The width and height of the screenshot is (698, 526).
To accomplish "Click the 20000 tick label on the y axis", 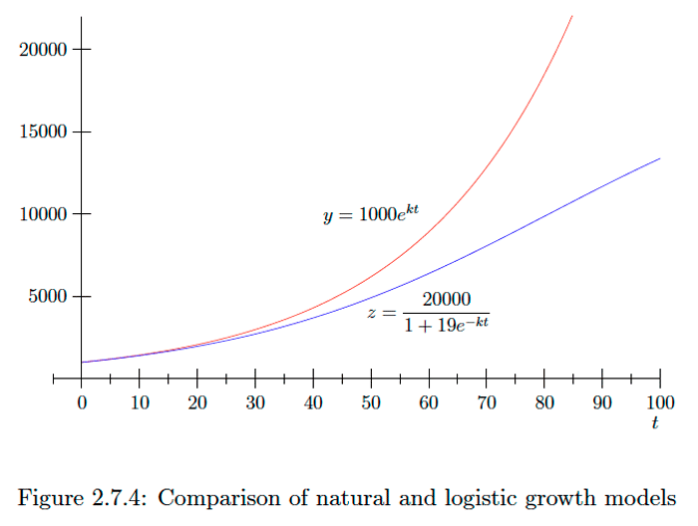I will pyautogui.click(x=42, y=50).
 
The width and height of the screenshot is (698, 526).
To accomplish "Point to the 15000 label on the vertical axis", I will pyautogui.click(x=42, y=132).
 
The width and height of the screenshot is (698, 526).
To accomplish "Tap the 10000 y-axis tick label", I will pyautogui.click(x=42, y=214).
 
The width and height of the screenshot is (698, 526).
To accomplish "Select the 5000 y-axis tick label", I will pyautogui.click(x=46, y=297).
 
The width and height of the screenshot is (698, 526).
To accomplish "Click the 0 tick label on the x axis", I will pyautogui.click(x=82, y=402).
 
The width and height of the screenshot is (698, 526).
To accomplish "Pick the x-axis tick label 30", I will pyautogui.click(x=255, y=402).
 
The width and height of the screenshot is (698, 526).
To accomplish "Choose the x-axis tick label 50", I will pyautogui.click(x=371, y=402).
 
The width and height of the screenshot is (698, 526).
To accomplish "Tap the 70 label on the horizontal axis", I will pyautogui.click(x=487, y=402).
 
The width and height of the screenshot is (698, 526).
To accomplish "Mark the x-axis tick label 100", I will pyautogui.click(x=659, y=402).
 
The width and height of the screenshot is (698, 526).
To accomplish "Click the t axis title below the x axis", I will pyautogui.click(x=655, y=423).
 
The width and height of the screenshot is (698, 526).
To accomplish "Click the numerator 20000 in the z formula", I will pyautogui.click(x=446, y=300).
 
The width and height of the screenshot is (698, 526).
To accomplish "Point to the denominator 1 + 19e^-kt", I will pyautogui.click(x=447, y=324).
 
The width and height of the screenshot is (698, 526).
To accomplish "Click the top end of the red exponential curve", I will pyautogui.click(x=571, y=16).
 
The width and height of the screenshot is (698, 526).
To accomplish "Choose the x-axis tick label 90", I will pyautogui.click(x=602, y=402).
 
